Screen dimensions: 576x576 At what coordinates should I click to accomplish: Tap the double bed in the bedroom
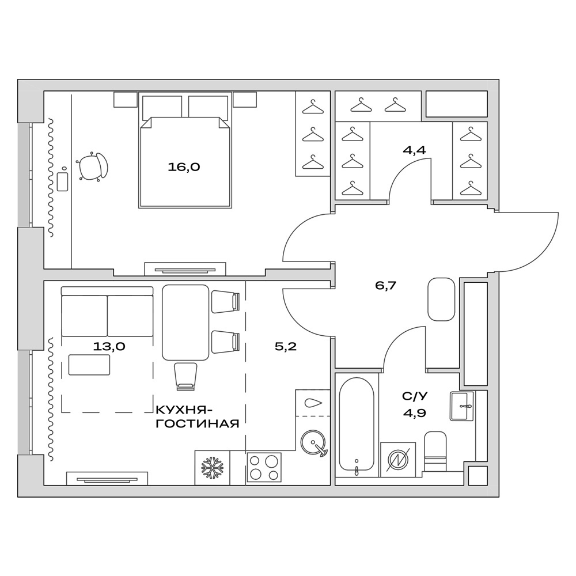pyautogui.click(x=185, y=156)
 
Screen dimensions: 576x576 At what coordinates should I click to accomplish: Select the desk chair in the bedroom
pyautogui.click(x=92, y=168)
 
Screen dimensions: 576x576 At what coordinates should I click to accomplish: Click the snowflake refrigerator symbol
pyautogui.click(x=212, y=468)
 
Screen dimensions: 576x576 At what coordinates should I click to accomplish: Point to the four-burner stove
pyautogui.click(x=264, y=467)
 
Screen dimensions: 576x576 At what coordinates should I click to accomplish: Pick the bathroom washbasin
pyautogui.click(x=463, y=406)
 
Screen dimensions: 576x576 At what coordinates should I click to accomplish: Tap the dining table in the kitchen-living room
pyautogui.click(x=185, y=323)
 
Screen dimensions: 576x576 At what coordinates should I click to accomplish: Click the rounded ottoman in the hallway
pyautogui.click(x=442, y=300)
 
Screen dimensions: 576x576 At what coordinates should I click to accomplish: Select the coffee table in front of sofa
pyautogui.click(x=89, y=365)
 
